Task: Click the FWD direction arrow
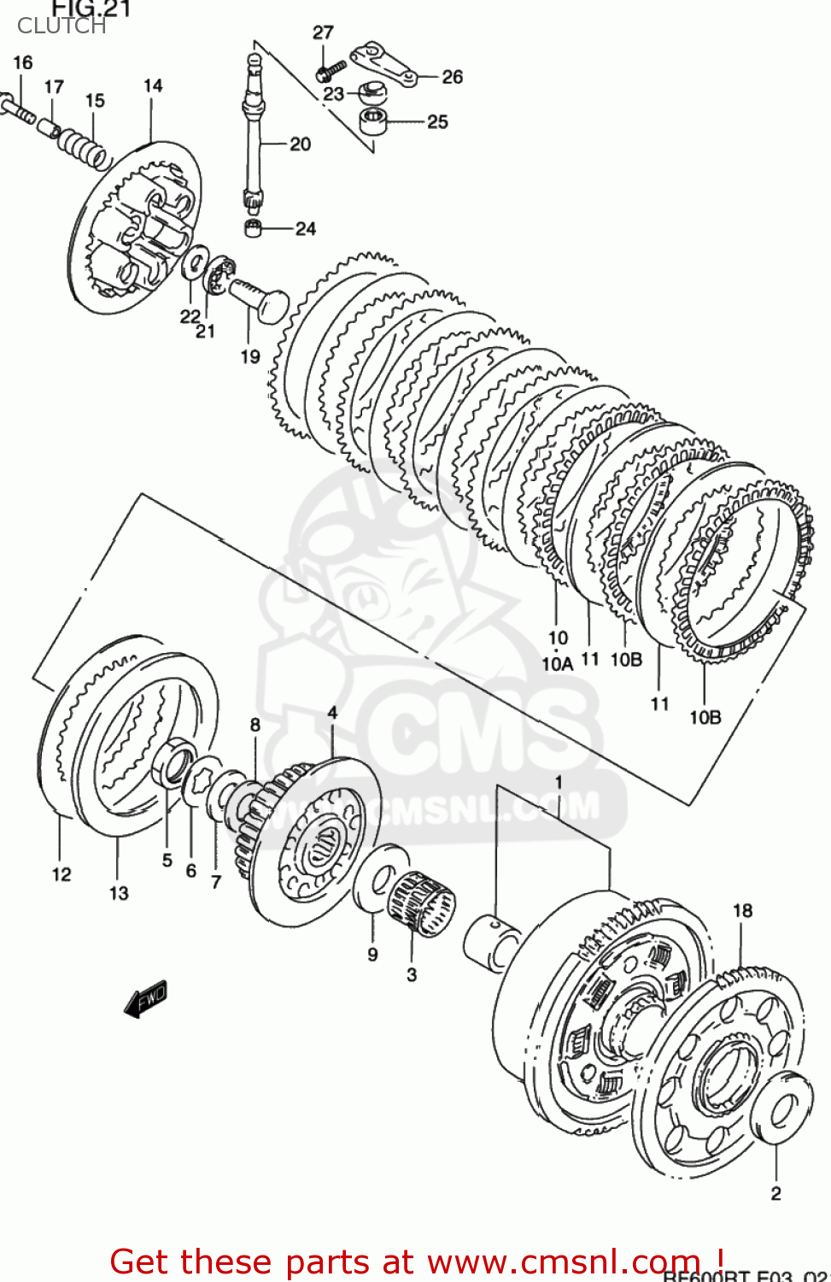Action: coord(146,998)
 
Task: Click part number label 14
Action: coord(153,85)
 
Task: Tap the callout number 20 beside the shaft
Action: coord(301,144)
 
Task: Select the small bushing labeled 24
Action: coord(253,228)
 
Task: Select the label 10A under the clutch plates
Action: coord(557,663)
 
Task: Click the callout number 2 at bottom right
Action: coord(775,1193)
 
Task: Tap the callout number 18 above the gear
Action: coord(742,910)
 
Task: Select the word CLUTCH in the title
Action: coord(61,26)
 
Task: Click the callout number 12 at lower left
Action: coord(61,874)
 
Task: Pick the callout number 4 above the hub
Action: coord(332,712)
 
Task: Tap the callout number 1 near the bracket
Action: coord(559,782)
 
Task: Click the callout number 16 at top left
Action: coord(23,62)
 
